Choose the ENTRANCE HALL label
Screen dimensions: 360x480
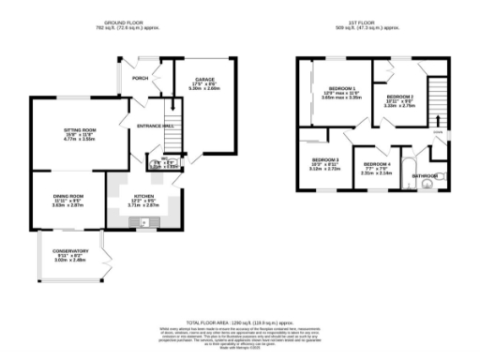155,125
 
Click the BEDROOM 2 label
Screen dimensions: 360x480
400,97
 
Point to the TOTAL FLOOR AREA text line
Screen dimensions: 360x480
240,321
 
